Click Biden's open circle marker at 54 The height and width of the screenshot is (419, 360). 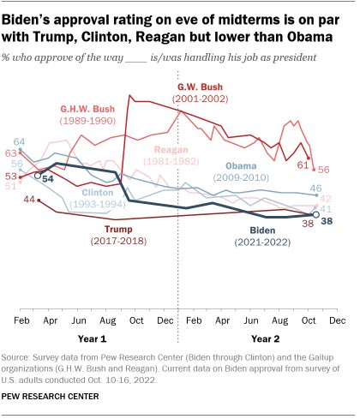[x=38, y=176]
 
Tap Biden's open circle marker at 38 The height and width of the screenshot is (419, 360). [x=315, y=215]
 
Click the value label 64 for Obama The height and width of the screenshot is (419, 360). [x=19, y=142]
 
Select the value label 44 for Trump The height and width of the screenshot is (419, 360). [x=29, y=199]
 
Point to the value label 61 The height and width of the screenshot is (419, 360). [x=303, y=165]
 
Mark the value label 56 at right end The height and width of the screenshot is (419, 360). [x=324, y=170]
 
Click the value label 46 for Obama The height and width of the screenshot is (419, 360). [x=316, y=189]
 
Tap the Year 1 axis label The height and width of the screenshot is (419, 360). [x=93, y=339]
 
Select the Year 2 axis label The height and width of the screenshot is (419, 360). [x=266, y=339]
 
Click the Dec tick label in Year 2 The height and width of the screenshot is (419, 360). [x=338, y=320]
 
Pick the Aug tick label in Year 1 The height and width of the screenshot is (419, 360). [x=108, y=320]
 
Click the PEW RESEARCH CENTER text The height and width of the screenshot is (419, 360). [x=51, y=397]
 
